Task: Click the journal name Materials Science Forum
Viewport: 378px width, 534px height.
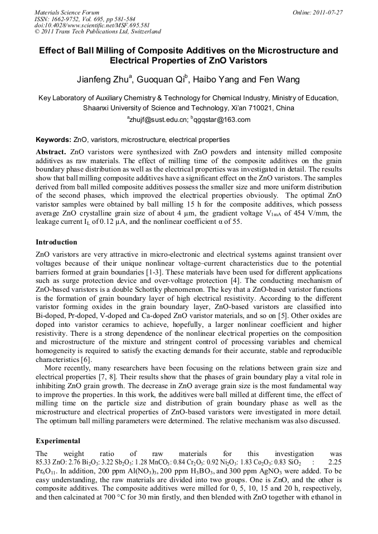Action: [67, 12]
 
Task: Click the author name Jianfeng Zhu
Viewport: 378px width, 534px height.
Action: [104, 80]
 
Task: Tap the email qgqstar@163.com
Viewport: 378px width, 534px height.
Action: [223, 119]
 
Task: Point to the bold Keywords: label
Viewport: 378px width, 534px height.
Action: [54, 140]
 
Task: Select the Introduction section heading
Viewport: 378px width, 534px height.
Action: [56, 242]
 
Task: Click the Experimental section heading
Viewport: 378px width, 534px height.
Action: [58, 440]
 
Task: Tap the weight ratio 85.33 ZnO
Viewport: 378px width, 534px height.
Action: [51, 462]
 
